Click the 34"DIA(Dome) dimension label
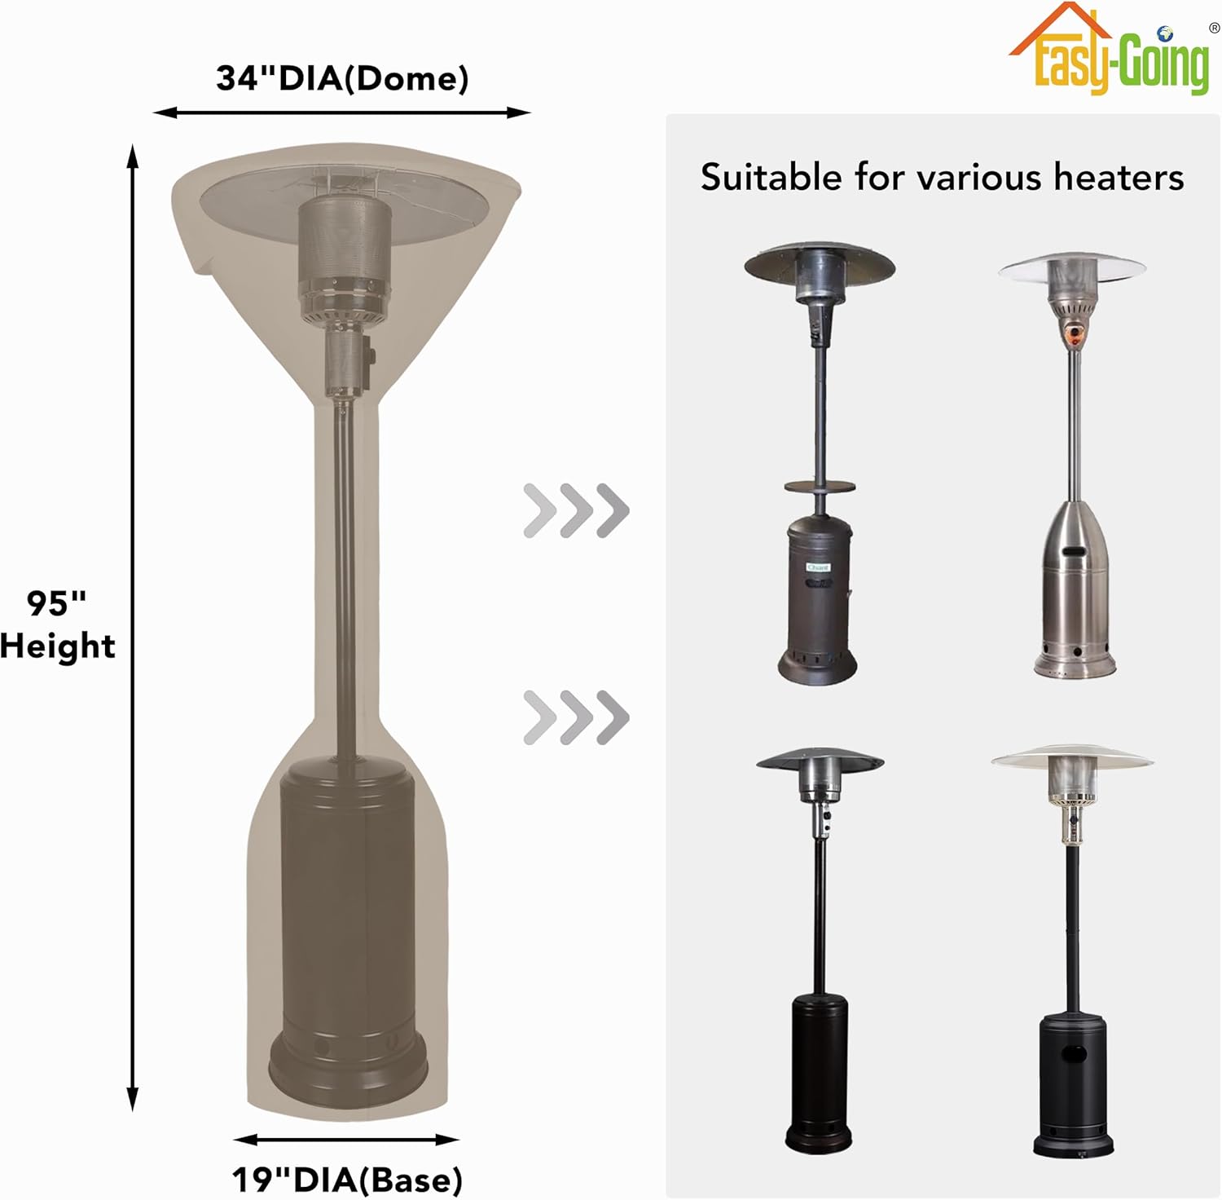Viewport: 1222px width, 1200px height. [x=342, y=78]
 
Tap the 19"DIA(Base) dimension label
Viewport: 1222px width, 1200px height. [x=347, y=1179]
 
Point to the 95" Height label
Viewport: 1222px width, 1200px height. [x=57, y=624]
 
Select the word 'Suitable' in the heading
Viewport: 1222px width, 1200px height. [x=771, y=177]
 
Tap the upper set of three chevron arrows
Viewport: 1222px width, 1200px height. [x=576, y=510]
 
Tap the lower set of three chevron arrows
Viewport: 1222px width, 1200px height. [x=576, y=717]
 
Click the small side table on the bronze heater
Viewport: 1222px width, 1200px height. [x=820, y=487]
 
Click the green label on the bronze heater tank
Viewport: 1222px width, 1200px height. [x=817, y=567]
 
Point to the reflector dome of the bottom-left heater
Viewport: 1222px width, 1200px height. [x=820, y=761]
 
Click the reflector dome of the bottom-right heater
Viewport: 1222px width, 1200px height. [x=1072, y=759]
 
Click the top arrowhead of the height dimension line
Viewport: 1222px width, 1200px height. [x=133, y=155]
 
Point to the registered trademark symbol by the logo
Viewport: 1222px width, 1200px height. [x=1214, y=28]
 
